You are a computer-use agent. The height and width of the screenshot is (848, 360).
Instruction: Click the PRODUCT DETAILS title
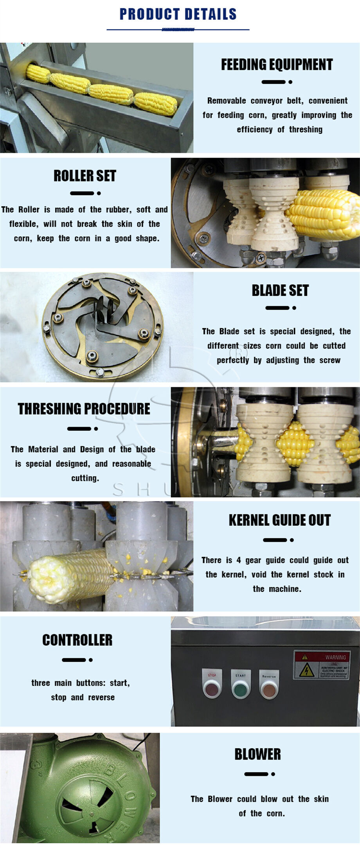tap(178, 14)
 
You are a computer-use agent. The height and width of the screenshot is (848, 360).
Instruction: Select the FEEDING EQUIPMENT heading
tap(277, 65)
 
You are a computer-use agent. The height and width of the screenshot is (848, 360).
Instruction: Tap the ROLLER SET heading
tap(85, 176)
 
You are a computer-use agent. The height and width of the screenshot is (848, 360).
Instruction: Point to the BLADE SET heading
tap(280, 291)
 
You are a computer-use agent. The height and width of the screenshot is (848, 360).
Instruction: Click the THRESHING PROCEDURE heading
tap(84, 409)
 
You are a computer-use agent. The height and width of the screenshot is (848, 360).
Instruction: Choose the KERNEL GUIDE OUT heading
tap(279, 520)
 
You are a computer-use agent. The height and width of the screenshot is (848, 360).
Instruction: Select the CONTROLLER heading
tap(77, 640)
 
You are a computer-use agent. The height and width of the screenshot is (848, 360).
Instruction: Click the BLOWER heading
tap(257, 754)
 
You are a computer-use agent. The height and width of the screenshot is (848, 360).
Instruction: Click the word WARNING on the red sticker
tap(335, 657)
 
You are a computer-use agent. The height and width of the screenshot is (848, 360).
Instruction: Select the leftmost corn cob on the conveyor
tap(38, 74)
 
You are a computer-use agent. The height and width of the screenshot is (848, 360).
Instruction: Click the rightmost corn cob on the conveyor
tap(156, 104)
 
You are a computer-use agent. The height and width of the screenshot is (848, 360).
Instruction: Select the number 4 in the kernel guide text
tap(238, 560)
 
